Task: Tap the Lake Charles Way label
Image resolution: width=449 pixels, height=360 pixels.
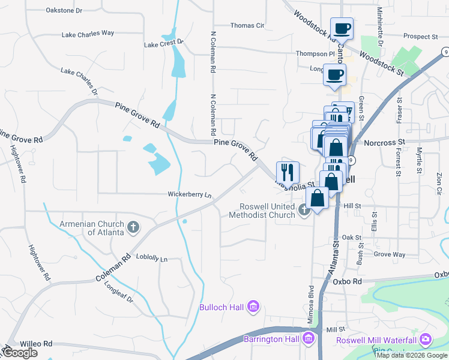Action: point(88,34)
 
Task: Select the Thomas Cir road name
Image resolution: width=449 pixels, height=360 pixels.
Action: point(247,26)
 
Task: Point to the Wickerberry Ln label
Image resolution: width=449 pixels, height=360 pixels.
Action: point(190,195)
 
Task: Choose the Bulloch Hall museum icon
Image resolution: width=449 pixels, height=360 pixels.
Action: point(253,307)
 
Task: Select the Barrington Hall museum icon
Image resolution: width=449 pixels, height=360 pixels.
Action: point(309,339)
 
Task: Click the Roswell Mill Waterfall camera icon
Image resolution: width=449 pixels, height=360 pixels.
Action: point(426,339)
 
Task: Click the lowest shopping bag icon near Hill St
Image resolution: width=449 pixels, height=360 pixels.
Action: point(317,197)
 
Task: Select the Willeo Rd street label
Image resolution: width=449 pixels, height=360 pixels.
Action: point(36,344)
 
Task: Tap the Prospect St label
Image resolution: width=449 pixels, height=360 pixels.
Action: point(421,37)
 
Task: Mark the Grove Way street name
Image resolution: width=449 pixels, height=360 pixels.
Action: point(390,254)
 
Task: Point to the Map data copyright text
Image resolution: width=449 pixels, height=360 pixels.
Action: point(412,355)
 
